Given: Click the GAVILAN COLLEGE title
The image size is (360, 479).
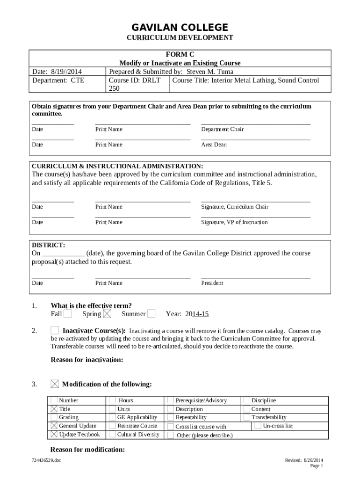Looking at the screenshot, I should click(x=180, y=28).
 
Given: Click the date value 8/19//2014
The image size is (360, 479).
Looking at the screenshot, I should click(x=66, y=72).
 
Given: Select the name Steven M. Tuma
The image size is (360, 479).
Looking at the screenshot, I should click(x=210, y=72).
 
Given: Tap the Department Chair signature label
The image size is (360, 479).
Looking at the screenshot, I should click(x=222, y=130).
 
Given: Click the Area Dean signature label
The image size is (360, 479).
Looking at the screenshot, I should click(x=214, y=145).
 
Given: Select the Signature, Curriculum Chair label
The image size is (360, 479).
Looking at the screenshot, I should click(x=235, y=207).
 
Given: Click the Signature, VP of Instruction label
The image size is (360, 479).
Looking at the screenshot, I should click(x=234, y=222).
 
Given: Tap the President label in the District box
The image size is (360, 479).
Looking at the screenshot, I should click(x=212, y=283).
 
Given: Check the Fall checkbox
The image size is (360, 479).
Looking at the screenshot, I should click(x=68, y=314).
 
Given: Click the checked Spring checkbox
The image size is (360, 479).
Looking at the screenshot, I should click(x=108, y=314).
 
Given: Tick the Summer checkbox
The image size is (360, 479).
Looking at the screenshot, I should click(x=152, y=314).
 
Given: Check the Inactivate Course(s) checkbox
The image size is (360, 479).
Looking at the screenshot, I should click(x=55, y=331).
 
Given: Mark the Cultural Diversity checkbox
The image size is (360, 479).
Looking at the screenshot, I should click(x=113, y=435).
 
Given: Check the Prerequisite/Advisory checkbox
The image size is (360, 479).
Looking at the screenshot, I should click(x=171, y=400).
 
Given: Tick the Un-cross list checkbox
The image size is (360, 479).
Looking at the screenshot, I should click(x=258, y=426).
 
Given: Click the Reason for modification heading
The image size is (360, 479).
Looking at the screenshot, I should click(x=87, y=450).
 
